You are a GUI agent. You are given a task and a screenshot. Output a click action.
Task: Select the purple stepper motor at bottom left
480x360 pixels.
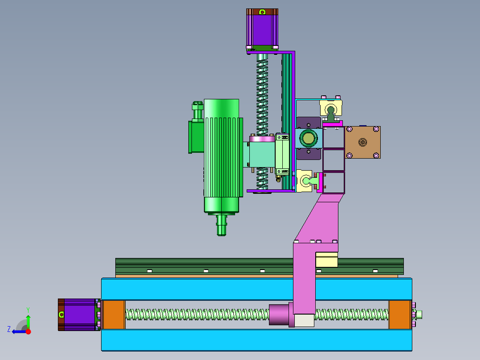[79, 314]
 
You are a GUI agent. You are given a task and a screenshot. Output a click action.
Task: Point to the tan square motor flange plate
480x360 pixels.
[363, 142]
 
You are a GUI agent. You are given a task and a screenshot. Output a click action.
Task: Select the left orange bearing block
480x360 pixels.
[114, 315]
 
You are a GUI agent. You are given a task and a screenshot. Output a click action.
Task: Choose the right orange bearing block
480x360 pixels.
[399, 315]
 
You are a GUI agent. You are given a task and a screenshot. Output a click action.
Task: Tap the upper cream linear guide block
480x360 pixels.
[331, 109]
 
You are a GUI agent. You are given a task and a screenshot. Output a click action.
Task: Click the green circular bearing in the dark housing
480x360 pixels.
[308, 138]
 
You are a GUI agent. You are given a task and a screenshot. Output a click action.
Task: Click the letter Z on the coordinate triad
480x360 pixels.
[9, 329]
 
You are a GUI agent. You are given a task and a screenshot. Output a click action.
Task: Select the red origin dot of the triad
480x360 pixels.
[28, 331]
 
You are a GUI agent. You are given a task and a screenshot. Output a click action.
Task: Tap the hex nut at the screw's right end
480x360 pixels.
[419, 315]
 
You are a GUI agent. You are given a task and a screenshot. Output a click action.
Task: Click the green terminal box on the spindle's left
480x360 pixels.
[196, 137]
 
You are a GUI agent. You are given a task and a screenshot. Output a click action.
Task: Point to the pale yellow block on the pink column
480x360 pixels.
[326, 260]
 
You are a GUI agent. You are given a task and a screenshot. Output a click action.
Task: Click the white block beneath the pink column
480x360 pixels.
[304, 320]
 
